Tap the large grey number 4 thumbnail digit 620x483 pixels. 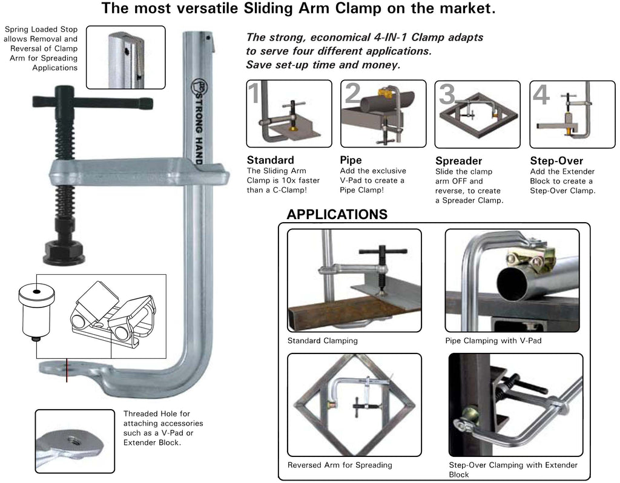540,94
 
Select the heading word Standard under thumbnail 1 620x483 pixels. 270,160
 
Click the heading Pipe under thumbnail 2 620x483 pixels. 351,160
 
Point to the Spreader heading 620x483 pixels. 458,161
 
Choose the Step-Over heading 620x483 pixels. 556,161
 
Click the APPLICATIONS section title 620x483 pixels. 337,214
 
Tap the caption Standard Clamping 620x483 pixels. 322,341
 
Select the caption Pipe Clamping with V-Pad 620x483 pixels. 493,341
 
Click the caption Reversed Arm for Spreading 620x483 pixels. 339,465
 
